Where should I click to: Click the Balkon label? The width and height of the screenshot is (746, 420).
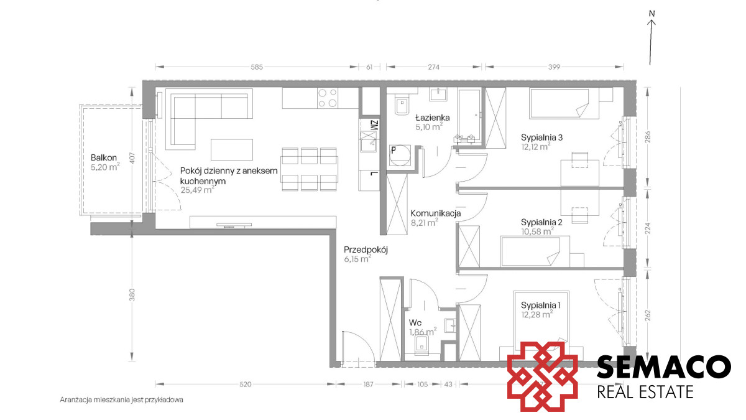coord(104,157)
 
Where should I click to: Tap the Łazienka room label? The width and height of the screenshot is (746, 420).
coord(432,118)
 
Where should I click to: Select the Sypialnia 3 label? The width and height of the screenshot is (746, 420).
coord(541,138)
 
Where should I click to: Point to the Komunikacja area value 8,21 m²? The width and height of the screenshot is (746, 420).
coord(424,222)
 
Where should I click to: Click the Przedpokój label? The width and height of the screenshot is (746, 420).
coord(366,250)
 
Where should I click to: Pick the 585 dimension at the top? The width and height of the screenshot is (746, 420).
coord(257,67)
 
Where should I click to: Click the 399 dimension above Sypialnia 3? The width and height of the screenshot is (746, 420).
coord(554,67)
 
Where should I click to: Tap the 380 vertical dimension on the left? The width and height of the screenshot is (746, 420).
coord(132,295)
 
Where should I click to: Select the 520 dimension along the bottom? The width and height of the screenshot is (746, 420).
coord(246,385)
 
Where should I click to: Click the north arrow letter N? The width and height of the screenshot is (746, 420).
coord(652,14)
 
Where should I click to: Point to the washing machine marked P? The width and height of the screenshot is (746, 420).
coord(400,156)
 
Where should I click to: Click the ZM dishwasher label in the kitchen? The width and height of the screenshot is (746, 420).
coord(374,125)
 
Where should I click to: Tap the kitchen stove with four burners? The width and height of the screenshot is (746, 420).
coord(327,98)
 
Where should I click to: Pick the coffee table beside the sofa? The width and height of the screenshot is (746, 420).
coord(232,150)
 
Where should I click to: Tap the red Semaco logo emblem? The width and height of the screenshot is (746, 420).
coord(543,376)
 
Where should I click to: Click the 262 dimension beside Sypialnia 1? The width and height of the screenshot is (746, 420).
coord(648,315)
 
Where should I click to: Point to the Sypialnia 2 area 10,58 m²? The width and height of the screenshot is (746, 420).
coord(537,231)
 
